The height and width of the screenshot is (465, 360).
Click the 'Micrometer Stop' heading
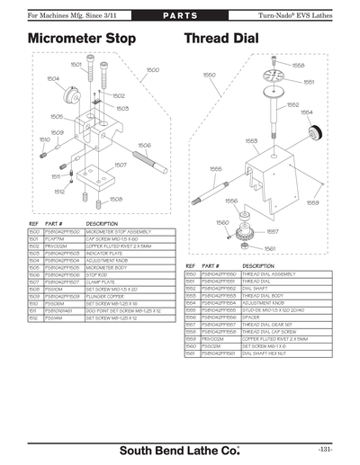[x=82, y=40]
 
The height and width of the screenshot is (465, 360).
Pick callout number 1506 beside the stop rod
[x=143, y=145]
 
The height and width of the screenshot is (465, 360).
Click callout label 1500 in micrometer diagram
[x=152, y=69]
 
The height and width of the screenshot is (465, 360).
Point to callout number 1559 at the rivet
[x=312, y=202]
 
